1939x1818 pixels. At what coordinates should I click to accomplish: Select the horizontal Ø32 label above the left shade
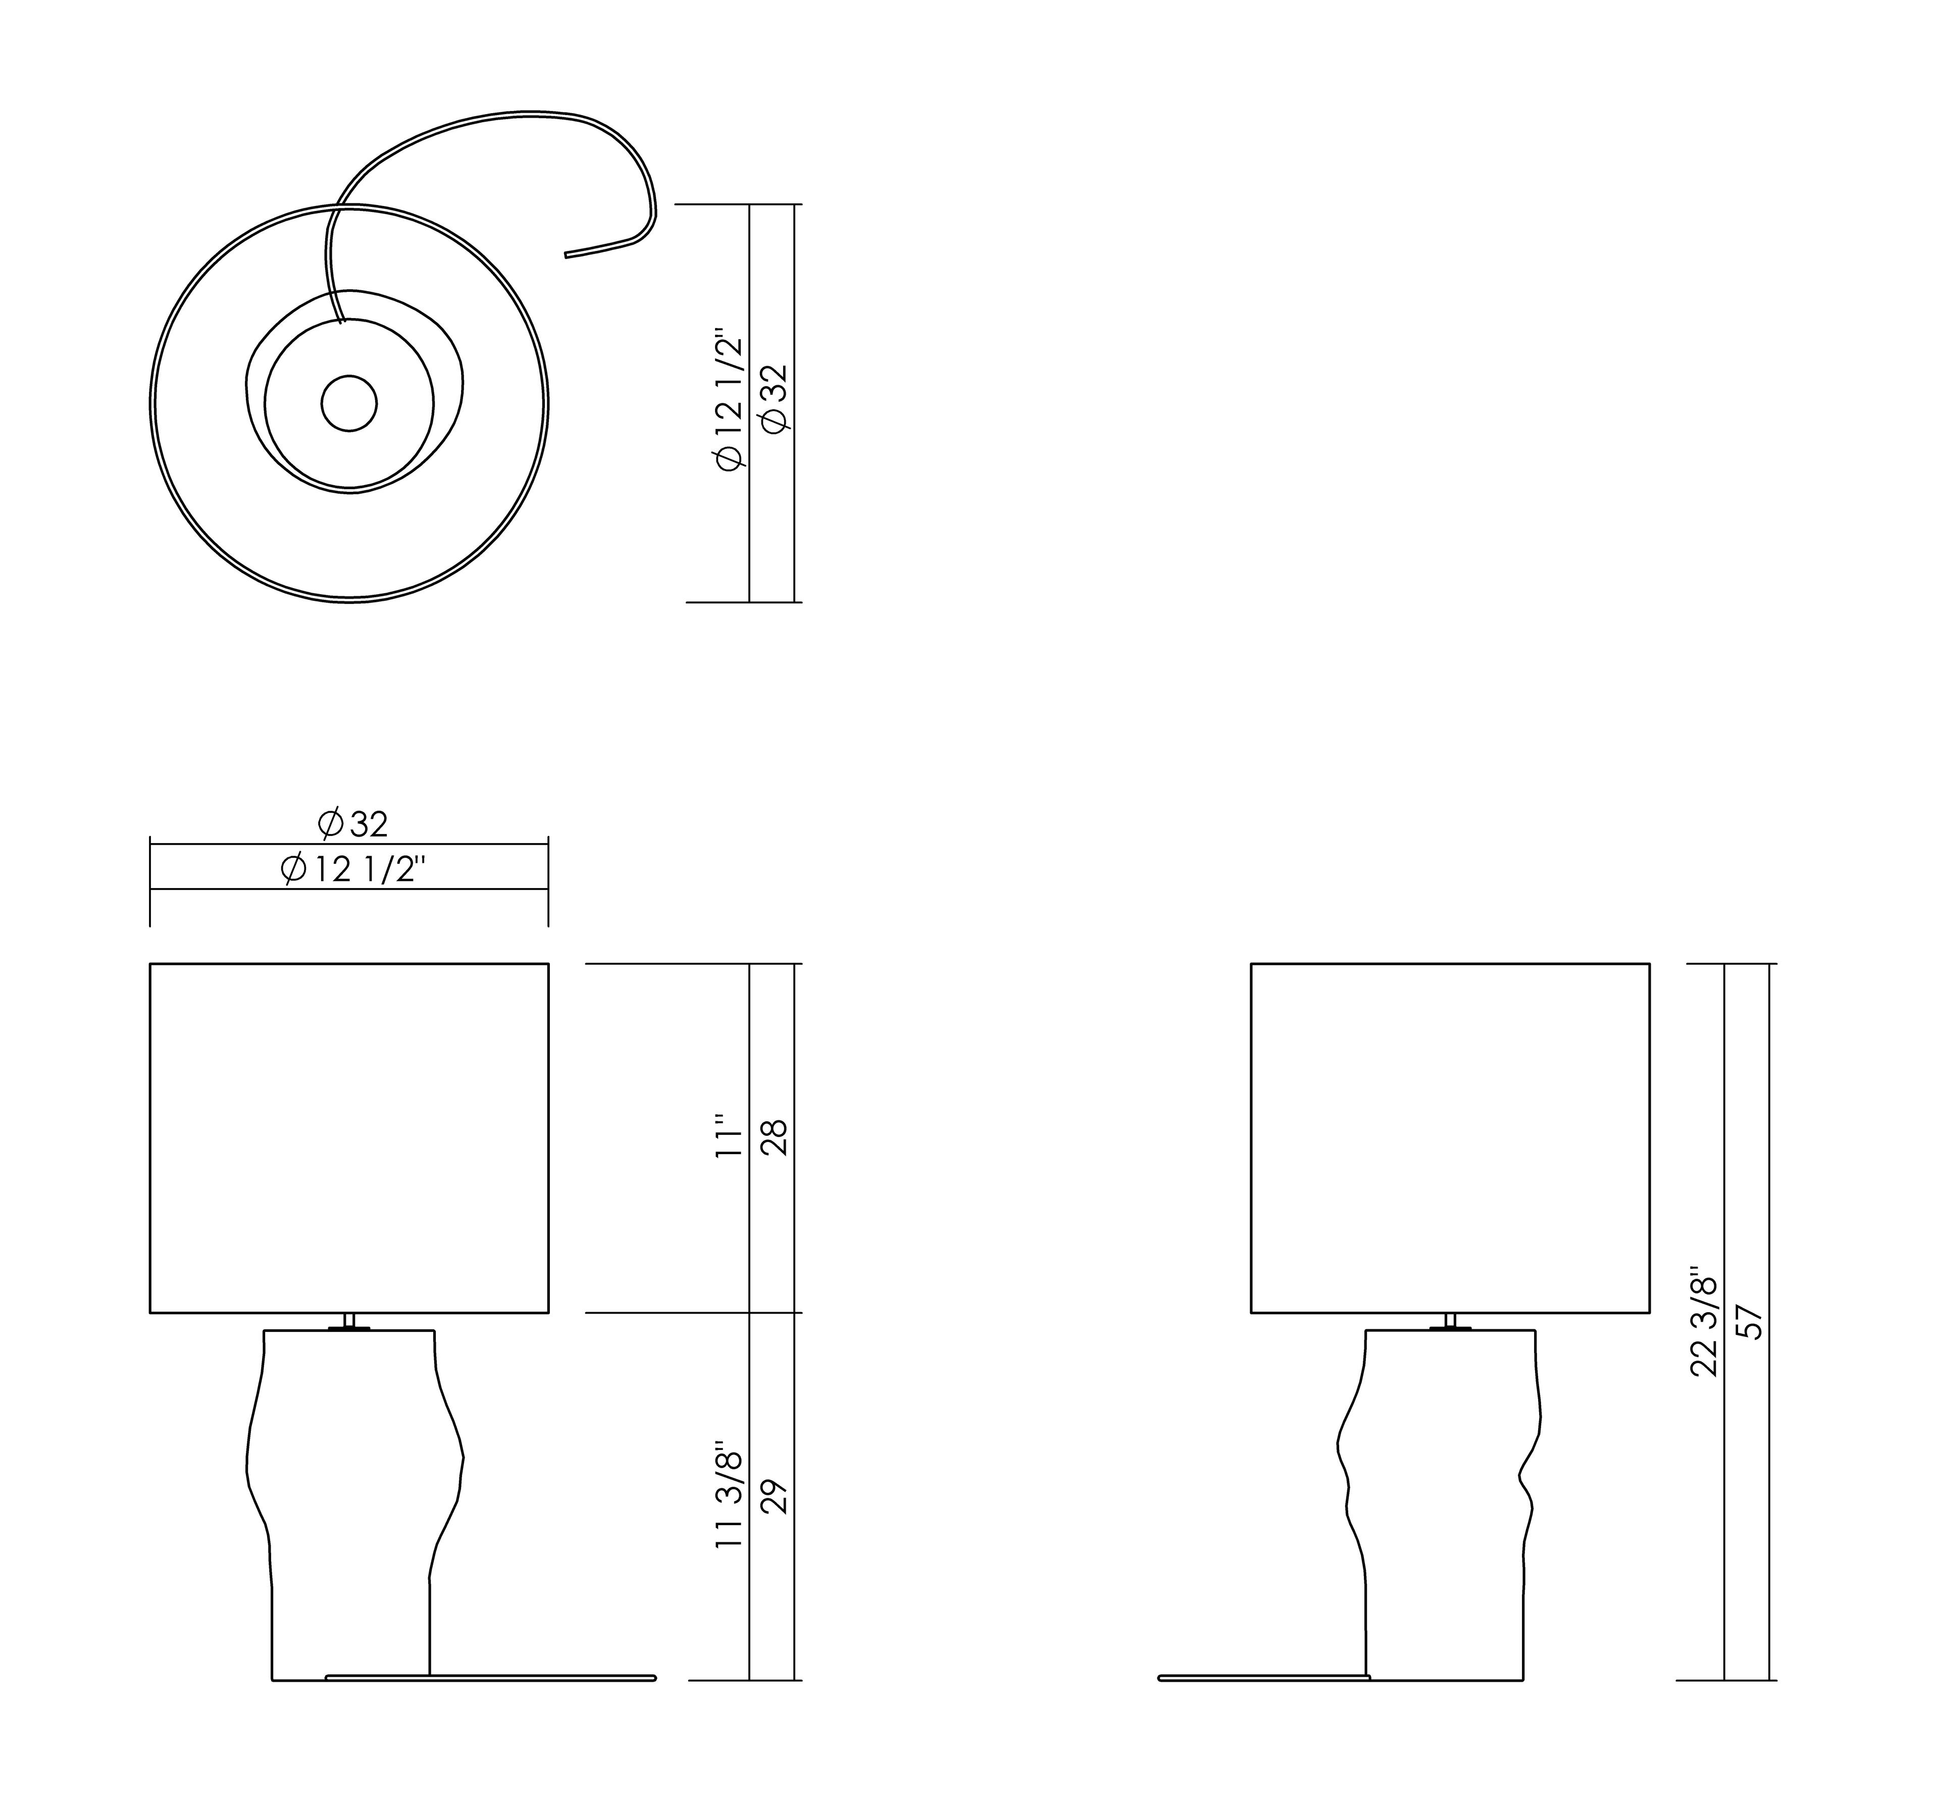point(353,824)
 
